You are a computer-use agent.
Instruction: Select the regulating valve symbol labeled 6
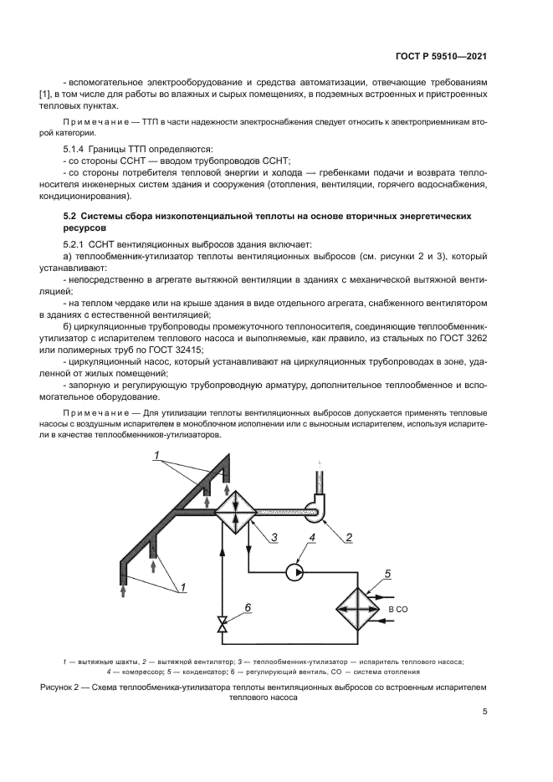[222, 626]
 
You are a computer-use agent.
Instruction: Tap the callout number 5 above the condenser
[387, 574]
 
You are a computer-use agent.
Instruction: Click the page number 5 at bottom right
[485, 713]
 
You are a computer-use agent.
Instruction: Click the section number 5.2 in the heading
[71, 216]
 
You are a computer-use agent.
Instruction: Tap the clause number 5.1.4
[77, 148]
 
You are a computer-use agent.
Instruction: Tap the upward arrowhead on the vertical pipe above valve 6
[222, 555]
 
